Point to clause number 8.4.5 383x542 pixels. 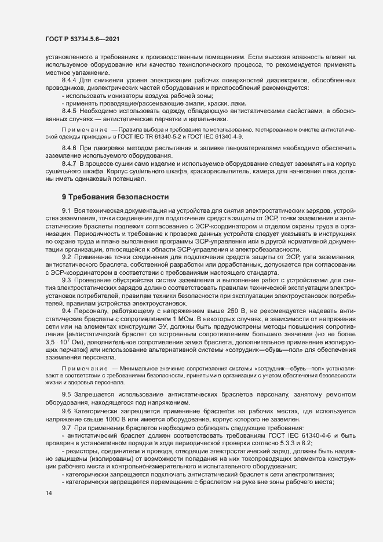pyautogui.click(x=70, y=110)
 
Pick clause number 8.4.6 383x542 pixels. pyautogui.click(x=70, y=149)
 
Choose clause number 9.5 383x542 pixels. pyautogui.click(x=67, y=395)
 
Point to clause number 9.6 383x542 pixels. pyautogui.click(x=67, y=410)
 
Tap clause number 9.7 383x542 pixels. pyautogui.click(x=67, y=426)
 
